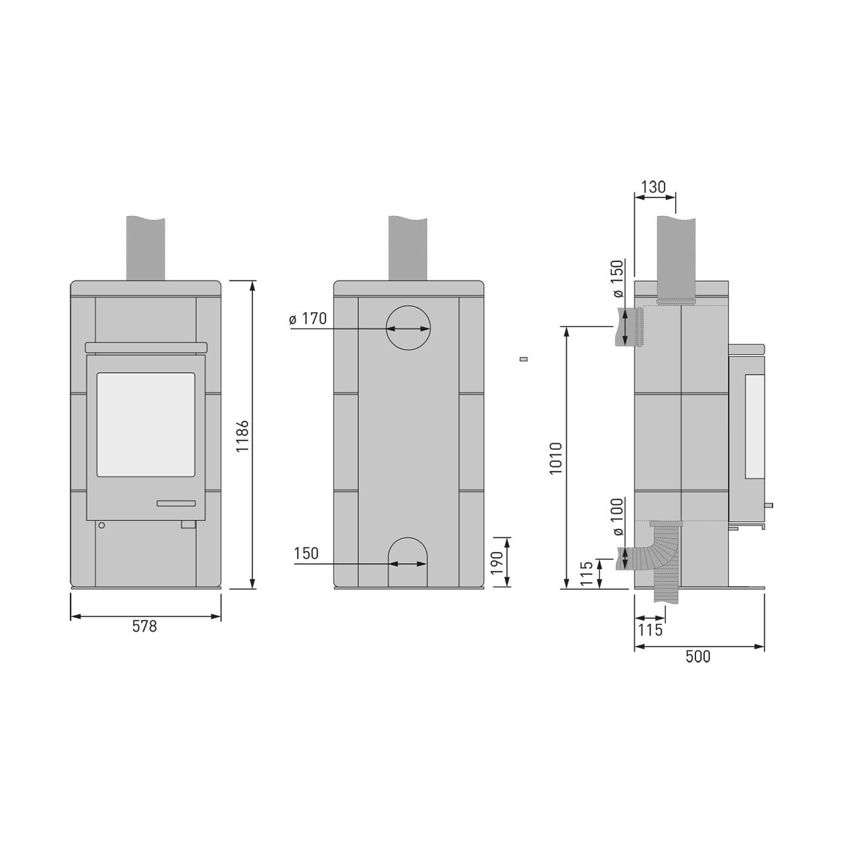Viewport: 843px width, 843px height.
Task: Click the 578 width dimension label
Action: click(x=144, y=626)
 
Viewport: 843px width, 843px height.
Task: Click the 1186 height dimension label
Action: click(x=242, y=436)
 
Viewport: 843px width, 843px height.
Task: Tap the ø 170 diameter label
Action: click(x=308, y=319)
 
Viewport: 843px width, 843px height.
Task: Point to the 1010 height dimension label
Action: click(x=555, y=458)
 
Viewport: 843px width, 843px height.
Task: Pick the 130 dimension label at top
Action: click(x=653, y=187)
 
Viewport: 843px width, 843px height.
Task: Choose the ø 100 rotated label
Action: click(x=618, y=517)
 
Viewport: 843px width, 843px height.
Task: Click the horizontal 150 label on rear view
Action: click(x=306, y=553)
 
